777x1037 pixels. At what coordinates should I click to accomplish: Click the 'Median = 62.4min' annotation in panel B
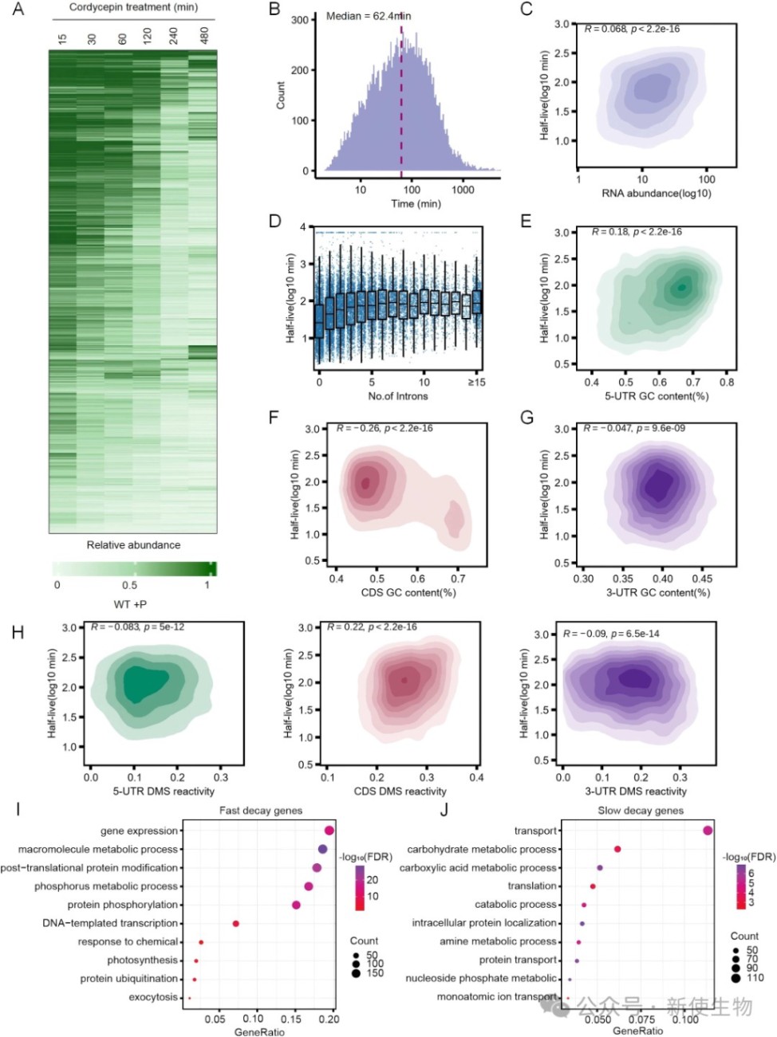click(x=369, y=16)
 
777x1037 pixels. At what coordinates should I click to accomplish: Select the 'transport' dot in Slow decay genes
click(x=708, y=831)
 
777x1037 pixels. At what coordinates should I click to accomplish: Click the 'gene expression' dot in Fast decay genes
click(x=329, y=831)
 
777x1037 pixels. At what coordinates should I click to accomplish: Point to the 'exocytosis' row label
click(x=153, y=997)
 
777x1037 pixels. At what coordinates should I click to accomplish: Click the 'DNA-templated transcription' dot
click(x=235, y=924)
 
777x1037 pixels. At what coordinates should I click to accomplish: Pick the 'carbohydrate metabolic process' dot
click(x=617, y=849)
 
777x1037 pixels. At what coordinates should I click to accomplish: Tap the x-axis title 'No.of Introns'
click(x=397, y=396)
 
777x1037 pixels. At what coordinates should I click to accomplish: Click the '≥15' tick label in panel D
click(x=476, y=383)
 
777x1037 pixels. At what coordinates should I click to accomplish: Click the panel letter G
click(x=527, y=418)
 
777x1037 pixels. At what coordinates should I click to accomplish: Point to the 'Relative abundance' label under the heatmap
click(x=133, y=544)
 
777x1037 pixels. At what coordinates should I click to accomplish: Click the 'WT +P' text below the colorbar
click(x=130, y=603)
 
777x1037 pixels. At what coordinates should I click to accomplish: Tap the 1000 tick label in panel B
click(x=463, y=190)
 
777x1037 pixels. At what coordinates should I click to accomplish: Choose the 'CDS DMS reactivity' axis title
click(x=400, y=791)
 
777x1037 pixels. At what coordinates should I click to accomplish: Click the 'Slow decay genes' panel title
click(x=641, y=811)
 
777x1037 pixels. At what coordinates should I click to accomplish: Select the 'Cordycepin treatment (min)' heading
click(x=134, y=7)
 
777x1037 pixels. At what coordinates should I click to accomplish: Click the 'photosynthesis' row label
click(x=142, y=960)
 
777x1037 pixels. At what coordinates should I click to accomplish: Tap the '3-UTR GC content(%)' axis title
click(x=658, y=592)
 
